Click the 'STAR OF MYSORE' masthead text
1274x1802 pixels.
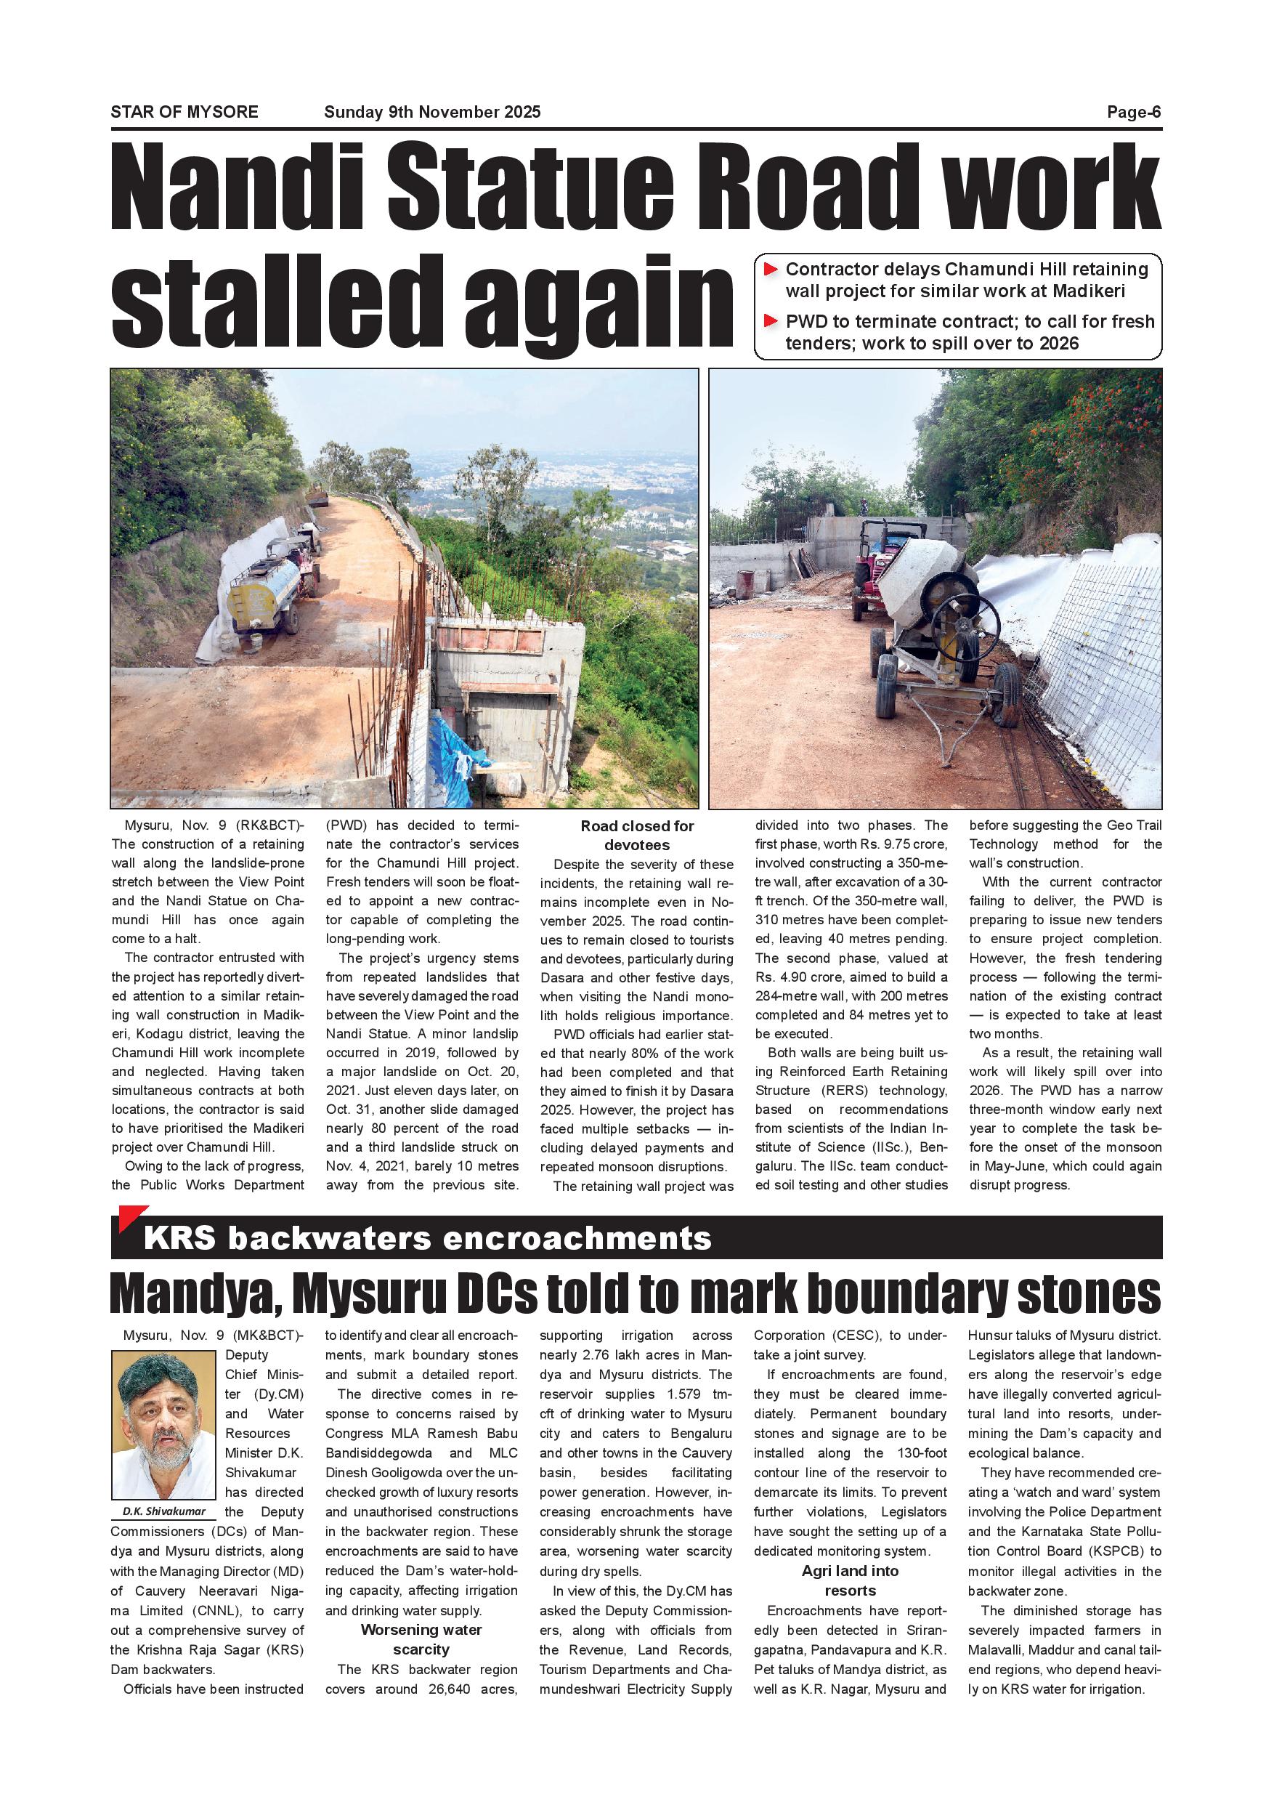[184, 112]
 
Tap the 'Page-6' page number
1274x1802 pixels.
[1134, 112]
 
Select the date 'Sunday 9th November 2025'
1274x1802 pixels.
[432, 112]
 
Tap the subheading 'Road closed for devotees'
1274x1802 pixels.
[637, 835]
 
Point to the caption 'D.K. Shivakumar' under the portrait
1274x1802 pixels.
[164, 1511]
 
